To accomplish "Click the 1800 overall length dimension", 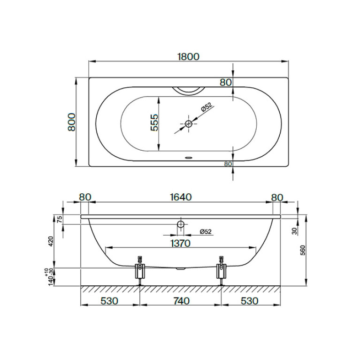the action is coord(189,56).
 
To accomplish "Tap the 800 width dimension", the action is coord(72,122).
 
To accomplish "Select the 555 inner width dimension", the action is coord(154,123).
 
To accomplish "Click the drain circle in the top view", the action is coord(189,123).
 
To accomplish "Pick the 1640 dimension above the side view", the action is coord(181,197).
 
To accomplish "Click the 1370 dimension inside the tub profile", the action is coord(180,243).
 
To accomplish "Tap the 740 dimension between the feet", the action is coord(180,301).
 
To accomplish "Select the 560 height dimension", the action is coord(303,250).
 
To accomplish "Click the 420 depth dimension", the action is coord(51,241).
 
